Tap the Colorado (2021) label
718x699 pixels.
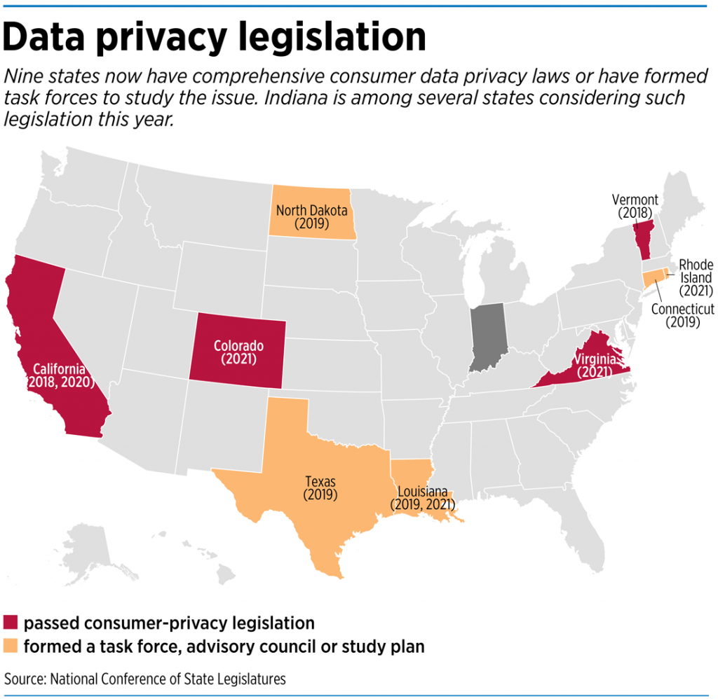click(x=238, y=352)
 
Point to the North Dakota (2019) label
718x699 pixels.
click(x=312, y=216)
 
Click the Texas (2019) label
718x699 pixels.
click(x=320, y=487)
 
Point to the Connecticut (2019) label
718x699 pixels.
click(x=682, y=315)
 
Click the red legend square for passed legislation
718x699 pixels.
click(x=12, y=623)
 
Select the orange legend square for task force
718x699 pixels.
click(x=12, y=646)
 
